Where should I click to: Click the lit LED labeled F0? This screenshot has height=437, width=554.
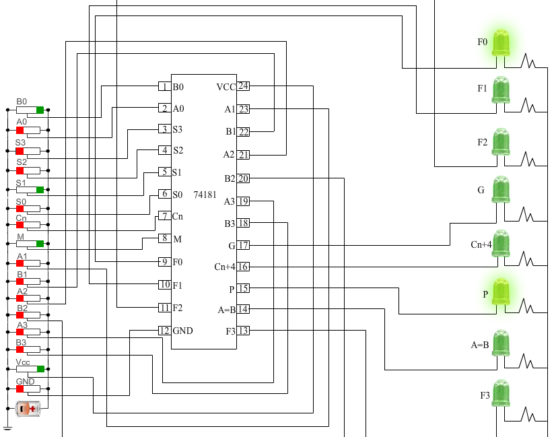pos(501,42)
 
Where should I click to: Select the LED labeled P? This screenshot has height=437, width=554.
pos(501,292)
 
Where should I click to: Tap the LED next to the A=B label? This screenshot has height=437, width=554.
pos(501,343)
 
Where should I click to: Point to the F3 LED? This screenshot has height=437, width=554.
pos(501,394)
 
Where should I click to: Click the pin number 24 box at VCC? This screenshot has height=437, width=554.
pos(243,86)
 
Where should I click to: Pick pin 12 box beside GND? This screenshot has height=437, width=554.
pos(164,331)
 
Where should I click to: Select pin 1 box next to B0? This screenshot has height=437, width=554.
pos(164,87)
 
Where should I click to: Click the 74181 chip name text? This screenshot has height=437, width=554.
pos(205,194)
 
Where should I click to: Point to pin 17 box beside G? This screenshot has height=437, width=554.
pos(243,246)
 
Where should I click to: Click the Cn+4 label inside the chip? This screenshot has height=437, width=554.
pos(224,267)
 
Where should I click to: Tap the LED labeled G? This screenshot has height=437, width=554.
pos(501,191)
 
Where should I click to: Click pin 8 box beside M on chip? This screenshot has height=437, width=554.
pos(164,238)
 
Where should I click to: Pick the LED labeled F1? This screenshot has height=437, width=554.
pos(501,90)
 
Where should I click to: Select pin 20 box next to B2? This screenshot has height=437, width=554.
pos(243,178)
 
